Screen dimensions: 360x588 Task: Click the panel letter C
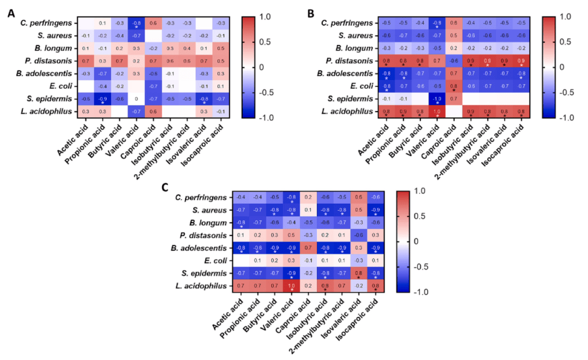166,187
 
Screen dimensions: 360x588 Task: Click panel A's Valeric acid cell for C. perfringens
137,24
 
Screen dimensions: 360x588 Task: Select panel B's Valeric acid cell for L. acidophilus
437,112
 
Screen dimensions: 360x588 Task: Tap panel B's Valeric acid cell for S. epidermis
437,100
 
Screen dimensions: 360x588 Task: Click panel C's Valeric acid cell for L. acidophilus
292,285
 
